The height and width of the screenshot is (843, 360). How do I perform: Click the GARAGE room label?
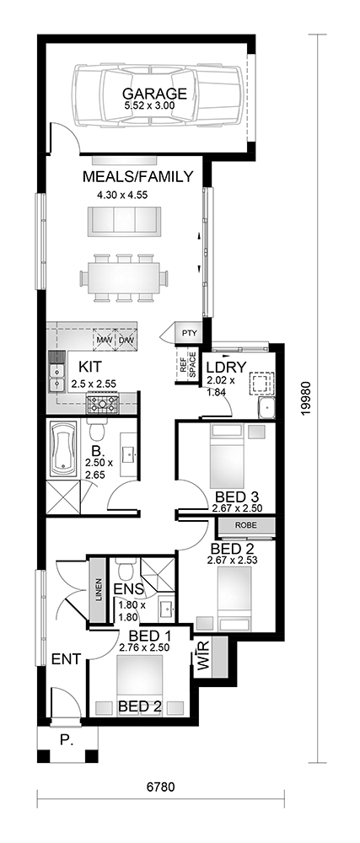(x=154, y=94)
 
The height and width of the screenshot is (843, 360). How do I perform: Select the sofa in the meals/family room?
(x=125, y=220)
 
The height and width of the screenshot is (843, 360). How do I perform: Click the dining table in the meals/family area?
(x=124, y=277)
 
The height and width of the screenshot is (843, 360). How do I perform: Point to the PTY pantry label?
(x=189, y=333)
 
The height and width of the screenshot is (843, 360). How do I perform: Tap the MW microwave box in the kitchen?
(x=105, y=340)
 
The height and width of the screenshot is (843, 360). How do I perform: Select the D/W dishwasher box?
(x=126, y=340)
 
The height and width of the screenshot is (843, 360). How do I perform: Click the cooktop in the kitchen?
(x=102, y=403)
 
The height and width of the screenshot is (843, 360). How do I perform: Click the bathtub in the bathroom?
(x=63, y=449)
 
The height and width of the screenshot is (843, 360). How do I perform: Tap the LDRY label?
(x=226, y=368)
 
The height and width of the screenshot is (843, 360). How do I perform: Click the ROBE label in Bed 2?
(x=245, y=525)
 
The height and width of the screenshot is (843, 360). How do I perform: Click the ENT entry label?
(x=66, y=658)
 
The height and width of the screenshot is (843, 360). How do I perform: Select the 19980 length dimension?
(x=306, y=399)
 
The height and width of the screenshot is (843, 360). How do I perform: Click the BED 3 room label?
(x=234, y=497)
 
